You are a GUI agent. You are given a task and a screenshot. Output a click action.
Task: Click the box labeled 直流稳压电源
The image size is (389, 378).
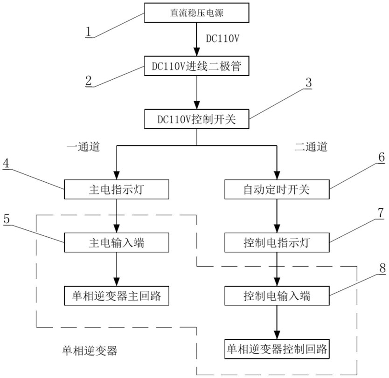tap(197, 13)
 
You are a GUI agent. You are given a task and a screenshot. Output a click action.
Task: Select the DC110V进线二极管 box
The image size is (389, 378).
tap(197, 66)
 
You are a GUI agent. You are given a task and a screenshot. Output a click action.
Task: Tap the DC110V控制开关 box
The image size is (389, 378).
tap(197, 119)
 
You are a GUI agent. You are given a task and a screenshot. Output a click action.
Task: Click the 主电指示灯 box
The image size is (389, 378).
tap(117, 189)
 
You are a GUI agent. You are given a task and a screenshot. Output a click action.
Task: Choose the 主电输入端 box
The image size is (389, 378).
tap(117, 242)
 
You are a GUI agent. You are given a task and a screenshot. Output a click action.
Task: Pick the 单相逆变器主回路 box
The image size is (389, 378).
tap(117, 296)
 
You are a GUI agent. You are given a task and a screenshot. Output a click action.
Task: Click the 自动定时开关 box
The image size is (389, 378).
tap(277, 189)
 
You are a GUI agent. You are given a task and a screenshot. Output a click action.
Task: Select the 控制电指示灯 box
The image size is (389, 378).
tap(277, 242)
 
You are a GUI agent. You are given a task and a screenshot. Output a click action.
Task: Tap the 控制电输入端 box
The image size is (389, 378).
tap(277, 296)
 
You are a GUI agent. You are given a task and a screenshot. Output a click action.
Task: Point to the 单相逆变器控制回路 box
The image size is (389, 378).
tap(277, 349)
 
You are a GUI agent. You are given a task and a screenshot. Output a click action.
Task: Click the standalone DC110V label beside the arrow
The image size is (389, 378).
tap(222, 38)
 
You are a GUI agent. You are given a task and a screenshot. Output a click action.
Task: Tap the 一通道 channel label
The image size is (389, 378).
tap(83, 147)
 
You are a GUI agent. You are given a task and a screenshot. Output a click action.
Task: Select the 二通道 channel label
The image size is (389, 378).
tap(311, 147)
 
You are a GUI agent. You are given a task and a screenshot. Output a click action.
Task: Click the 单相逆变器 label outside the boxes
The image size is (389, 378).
tap(90, 351)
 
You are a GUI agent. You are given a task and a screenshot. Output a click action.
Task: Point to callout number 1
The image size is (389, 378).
tap(88, 32)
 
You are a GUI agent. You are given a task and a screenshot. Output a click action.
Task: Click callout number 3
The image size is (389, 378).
tap(309, 82)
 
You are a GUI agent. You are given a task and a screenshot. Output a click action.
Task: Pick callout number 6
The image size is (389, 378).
tap(382, 157)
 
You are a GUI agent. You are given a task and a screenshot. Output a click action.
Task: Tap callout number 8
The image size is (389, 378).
tap(382, 268)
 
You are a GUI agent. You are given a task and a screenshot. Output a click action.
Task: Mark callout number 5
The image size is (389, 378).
tap(7, 219)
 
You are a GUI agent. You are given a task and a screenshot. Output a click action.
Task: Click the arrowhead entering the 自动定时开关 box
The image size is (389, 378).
tap(277, 176)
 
